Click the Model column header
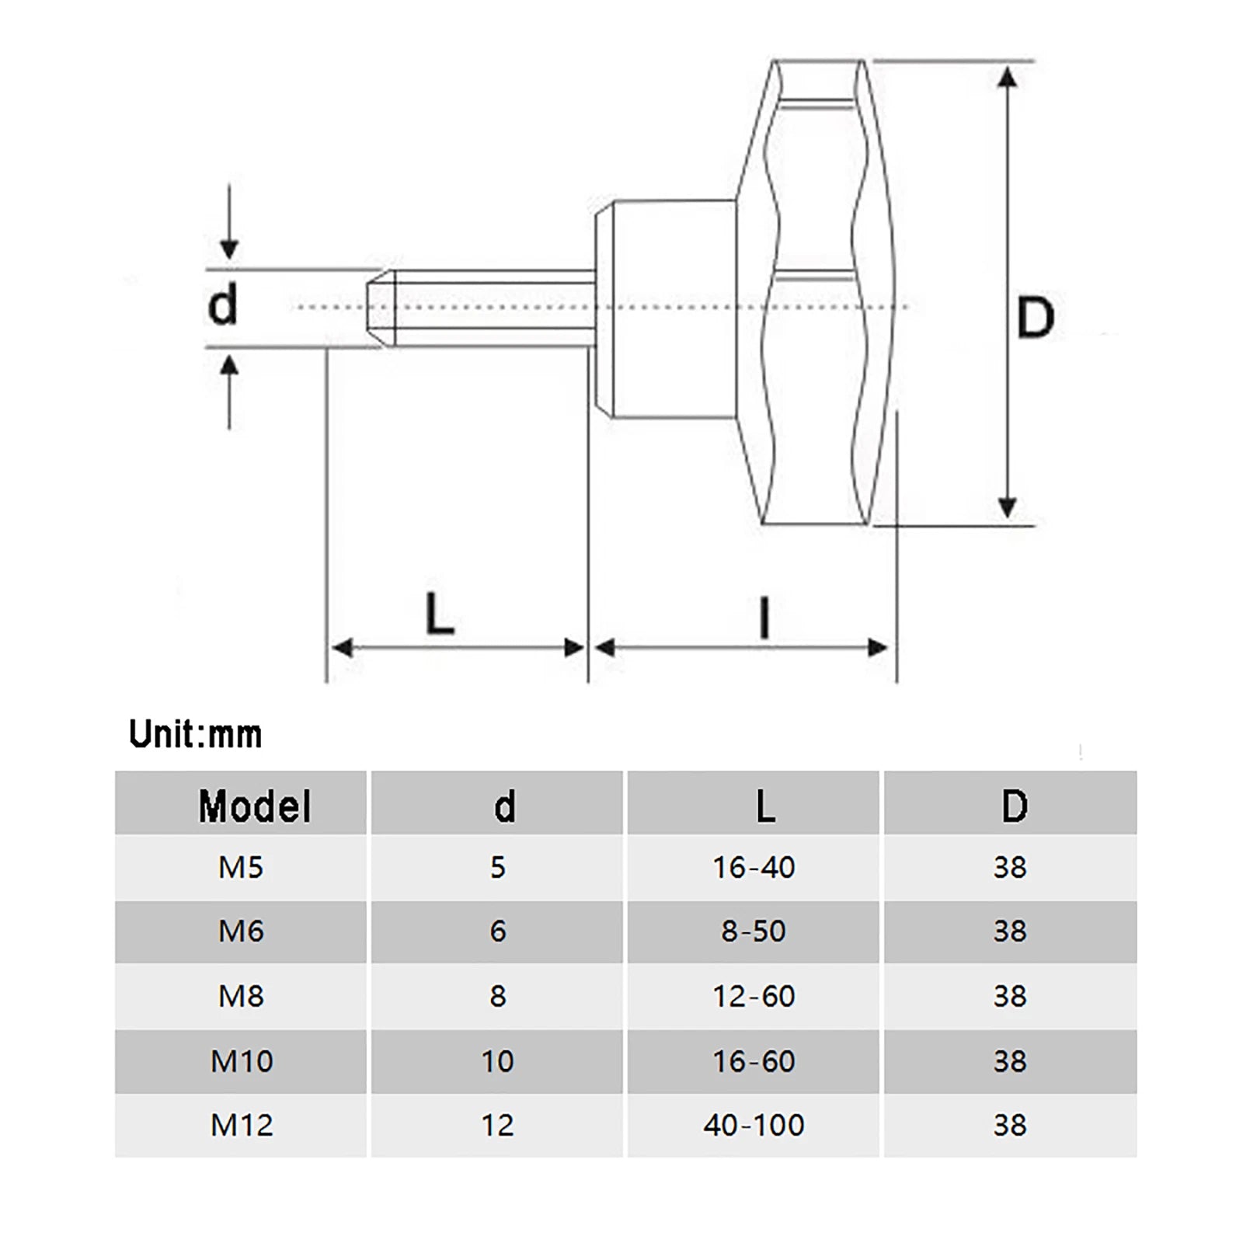(x=255, y=806)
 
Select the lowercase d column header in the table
(x=504, y=806)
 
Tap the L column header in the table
(x=765, y=806)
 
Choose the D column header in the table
(x=1014, y=806)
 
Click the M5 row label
(x=241, y=867)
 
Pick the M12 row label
(x=242, y=1125)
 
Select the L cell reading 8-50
(x=754, y=931)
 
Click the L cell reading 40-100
(x=754, y=1125)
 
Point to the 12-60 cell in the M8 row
(x=754, y=996)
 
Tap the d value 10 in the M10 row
(x=497, y=1061)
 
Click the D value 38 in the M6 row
(x=1010, y=931)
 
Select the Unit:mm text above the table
(x=195, y=734)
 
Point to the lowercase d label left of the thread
(x=223, y=305)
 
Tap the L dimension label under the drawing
(x=440, y=614)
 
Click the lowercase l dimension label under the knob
(x=764, y=618)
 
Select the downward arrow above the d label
(x=228, y=221)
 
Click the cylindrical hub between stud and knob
(x=666, y=309)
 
